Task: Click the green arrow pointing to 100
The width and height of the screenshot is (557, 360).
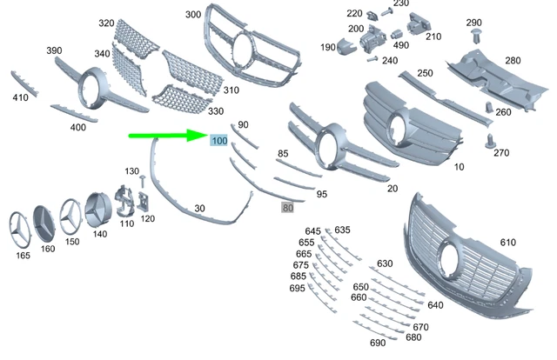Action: (168, 136)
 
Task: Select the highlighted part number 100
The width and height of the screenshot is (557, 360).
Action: (218, 141)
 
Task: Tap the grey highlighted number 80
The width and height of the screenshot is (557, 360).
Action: (287, 208)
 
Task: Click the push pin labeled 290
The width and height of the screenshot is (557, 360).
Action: (476, 37)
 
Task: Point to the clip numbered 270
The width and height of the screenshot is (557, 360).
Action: (490, 141)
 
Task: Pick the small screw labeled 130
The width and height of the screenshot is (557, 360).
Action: (143, 181)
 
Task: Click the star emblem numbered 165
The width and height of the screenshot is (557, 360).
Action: (19, 230)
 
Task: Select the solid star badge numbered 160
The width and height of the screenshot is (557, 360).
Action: (44, 224)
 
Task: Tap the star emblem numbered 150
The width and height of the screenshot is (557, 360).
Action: (70, 217)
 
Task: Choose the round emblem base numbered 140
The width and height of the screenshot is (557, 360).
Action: (97, 210)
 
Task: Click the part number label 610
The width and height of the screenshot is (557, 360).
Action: (507, 243)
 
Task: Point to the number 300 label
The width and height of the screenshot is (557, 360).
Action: (193, 15)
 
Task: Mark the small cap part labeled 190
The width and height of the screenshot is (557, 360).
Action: (346, 46)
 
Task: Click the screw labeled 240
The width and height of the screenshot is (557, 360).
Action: (372, 59)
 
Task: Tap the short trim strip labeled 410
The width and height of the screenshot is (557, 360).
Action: (24, 83)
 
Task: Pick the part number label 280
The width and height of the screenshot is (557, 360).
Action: (513, 61)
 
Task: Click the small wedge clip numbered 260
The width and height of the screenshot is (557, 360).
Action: (490, 108)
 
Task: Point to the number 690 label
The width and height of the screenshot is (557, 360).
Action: (378, 343)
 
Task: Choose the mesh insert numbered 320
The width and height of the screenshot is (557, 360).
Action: (138, 39)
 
